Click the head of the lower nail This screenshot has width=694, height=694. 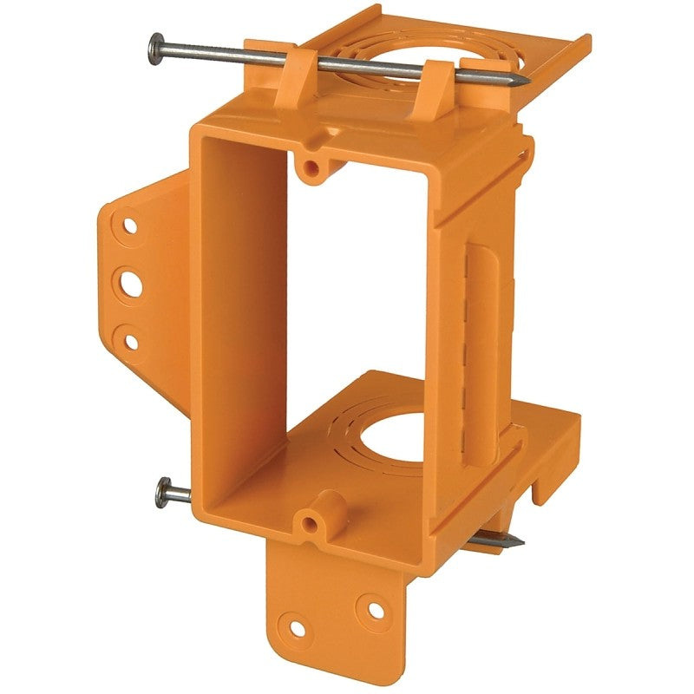tap(162, 494)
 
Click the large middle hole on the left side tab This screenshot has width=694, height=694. tap(131, 283)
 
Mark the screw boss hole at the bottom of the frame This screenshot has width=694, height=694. tap(311, 523)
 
